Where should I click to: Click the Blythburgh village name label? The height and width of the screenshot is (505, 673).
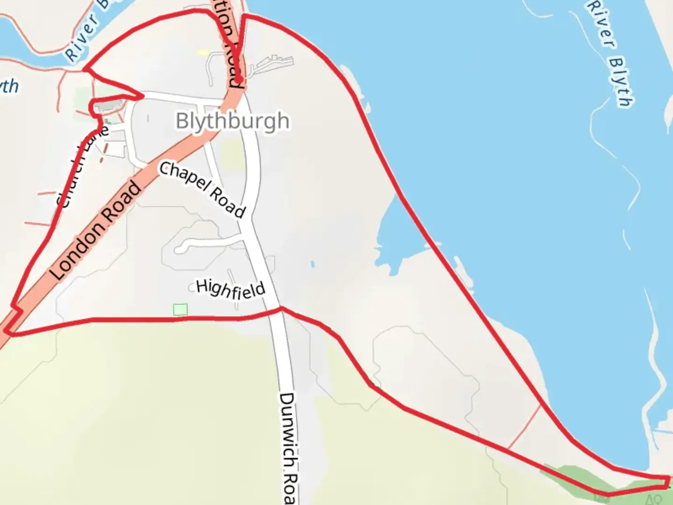232,121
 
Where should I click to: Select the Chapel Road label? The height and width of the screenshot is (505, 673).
202,190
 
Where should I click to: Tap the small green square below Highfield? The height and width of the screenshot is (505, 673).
180,310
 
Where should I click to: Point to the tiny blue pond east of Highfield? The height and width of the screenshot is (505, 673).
312,264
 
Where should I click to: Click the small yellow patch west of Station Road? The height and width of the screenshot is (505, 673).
202,53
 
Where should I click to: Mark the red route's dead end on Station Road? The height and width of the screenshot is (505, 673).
239,80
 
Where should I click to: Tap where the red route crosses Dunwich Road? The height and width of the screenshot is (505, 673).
281,309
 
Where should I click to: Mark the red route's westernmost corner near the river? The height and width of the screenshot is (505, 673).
85,70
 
